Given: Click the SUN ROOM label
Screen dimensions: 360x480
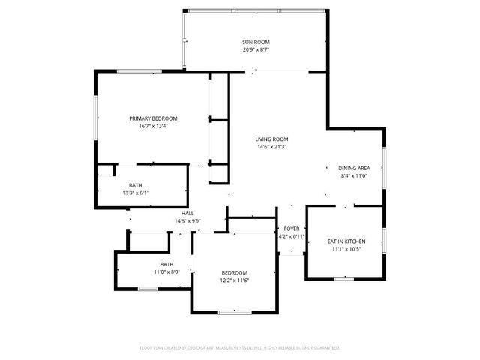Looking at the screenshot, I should click(x=256, y=42).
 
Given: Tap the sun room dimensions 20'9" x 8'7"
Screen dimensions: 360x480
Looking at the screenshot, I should click(x=256, y=49).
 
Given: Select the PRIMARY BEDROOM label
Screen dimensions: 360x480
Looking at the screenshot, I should click(x=153, y=118).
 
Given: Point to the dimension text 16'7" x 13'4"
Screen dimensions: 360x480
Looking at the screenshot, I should click(x=153, y=126).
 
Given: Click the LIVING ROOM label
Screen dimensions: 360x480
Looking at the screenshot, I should click(x=271, y=139).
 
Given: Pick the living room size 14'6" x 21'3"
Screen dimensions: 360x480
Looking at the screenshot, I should click(x=271, y=147).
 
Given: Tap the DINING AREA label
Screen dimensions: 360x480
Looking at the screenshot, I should click(x=354, y=168).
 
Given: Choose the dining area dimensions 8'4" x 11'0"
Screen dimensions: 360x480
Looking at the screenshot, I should click(x=354, y=175).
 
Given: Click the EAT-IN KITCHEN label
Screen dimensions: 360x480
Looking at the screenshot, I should click(x=344, y=241).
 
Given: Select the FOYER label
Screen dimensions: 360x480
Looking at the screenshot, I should click(x=291, y=229).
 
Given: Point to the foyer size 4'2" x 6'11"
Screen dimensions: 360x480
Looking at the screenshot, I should click(x=291, y=236).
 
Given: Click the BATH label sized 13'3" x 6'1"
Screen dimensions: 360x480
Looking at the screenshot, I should click(x=135, y=185).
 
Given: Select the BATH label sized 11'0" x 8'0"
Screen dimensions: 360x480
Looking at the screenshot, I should click(x=166, y=264).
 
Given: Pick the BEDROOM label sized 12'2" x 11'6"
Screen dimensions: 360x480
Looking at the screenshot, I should click(x=234, y=272).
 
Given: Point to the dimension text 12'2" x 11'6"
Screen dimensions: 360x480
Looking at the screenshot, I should click(x=234, y=280).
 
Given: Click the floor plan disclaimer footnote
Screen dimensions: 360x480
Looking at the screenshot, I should click(x=240, y=348).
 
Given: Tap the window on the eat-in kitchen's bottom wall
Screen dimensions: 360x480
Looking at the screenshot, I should click(x=343, y=279).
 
